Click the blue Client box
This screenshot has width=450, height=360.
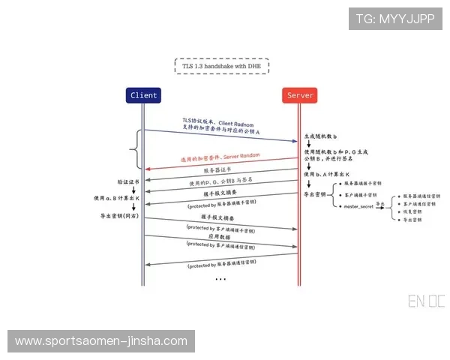point(143,95)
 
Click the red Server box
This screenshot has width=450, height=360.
point(300,95)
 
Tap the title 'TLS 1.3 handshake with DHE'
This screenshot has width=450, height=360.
point(222,66)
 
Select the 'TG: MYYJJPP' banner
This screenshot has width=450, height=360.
point(394,19)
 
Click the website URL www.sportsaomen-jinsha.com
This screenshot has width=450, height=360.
point(101,341)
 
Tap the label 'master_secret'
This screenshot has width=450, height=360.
point(358,205)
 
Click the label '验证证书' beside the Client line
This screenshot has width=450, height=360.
point(127,181)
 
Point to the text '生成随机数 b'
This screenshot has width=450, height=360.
point(320,137)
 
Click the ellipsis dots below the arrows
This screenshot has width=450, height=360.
point(220,279)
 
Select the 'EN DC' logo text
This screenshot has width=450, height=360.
point(426,302)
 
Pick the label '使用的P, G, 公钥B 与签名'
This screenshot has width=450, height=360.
point(220,183)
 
